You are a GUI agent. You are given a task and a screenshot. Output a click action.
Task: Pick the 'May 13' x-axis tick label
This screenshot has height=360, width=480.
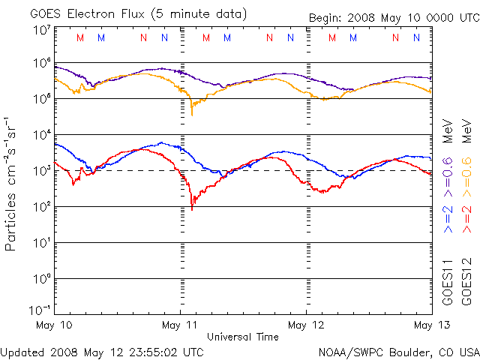tap(431, 325)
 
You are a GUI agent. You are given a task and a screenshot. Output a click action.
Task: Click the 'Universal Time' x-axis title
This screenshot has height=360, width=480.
tap(243, 337)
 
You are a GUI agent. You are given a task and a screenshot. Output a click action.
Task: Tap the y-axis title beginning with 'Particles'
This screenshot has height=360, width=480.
tap(12, 184)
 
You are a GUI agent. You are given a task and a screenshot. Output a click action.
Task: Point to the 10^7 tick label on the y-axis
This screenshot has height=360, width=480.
tap(41, 30)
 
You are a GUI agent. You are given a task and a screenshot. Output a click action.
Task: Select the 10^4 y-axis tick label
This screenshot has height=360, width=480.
tap(41, 135)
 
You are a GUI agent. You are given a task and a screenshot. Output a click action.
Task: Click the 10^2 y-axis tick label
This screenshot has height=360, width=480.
tap(41, 207)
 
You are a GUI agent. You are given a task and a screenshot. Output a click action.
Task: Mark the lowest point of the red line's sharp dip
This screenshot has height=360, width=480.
tap(192, 209)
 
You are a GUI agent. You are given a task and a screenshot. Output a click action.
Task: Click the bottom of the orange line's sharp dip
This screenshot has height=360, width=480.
tap(192, 115)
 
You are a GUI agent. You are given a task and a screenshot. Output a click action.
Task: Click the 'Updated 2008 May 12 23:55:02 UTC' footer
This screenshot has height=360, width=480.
tap(102, 351)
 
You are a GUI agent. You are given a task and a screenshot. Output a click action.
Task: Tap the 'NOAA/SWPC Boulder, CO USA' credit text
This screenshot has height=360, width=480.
tap(398, 351)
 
